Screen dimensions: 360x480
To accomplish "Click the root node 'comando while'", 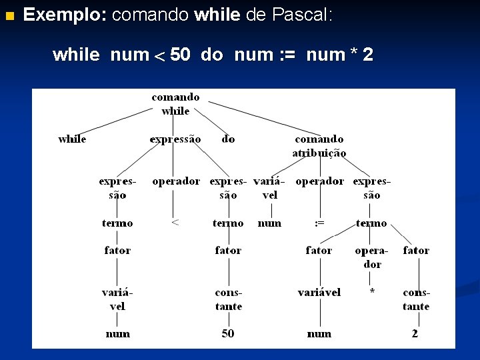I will (175, 104).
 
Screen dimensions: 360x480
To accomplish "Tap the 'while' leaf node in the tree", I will (72, 139).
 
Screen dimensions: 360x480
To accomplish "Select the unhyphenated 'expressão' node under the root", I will (175, 139).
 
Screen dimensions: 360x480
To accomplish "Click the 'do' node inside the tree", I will (228, 139).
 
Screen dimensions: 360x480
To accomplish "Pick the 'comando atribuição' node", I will (319, 146).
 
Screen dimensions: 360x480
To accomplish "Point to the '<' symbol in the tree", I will (175, 223).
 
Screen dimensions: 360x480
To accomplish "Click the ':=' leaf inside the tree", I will (319, 223).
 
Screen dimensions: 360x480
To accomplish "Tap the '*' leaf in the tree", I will (372, 292).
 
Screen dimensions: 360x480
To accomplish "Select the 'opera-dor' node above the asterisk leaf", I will (372, 257).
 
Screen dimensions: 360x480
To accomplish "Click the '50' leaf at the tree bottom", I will (228, 333).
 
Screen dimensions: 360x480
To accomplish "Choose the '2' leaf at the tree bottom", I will (415, 333).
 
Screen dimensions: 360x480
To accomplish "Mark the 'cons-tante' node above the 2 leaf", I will (416, 299).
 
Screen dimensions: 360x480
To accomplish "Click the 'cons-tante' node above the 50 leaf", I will (228, 299).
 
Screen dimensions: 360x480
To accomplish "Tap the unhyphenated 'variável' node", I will (319, 292).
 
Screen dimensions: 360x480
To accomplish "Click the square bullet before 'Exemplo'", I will (9, 15).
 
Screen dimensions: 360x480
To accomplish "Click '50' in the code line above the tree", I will (180, 55).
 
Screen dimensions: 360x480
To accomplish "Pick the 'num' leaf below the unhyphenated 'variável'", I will (319, 333).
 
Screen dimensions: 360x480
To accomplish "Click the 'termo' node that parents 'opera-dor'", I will (371, 223).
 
